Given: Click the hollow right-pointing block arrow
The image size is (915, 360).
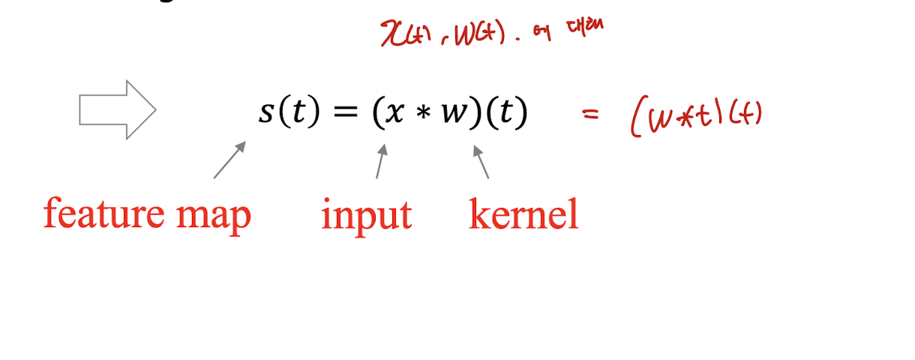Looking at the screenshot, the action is pyautogui.click(x=117, y=109).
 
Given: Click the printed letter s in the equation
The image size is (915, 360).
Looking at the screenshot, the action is pyautogui.click(x=267, y=112).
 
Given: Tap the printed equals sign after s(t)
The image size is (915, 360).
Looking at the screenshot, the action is pyautogui.click(x=346, y=112).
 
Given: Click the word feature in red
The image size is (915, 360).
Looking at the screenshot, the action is pyautogui.click(x=94, y=214).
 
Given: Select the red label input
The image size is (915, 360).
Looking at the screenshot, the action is pyautogui.click(x=366, y=216).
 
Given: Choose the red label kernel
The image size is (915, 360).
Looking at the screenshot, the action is pyautogui.click(x=523, y=214).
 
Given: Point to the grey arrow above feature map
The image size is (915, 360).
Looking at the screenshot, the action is pyautogui.click(x=229, y=160).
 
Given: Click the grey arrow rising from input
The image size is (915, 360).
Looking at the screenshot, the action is pyautogui.click(x=381, y=160).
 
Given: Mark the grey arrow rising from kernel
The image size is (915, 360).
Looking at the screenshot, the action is pyautogui.click(x=481, y=161).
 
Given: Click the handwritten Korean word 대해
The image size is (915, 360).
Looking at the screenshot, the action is pyautogui.click(x=586, y=28).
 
